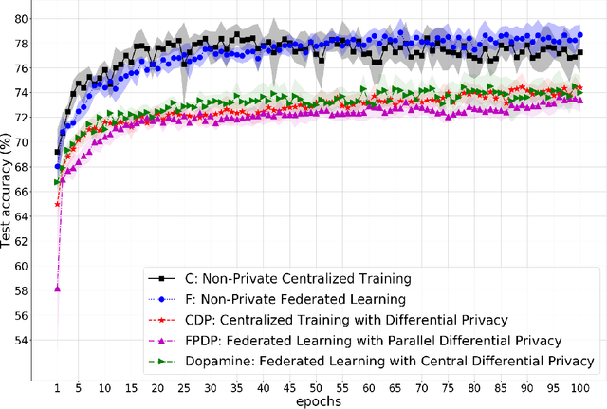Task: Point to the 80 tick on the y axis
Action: [31, 19]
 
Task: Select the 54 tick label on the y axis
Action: [31, 340]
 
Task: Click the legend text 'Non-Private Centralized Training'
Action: [325, 278]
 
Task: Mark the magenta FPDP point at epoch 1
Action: [57, 288]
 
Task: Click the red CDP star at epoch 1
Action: [57, 204]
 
